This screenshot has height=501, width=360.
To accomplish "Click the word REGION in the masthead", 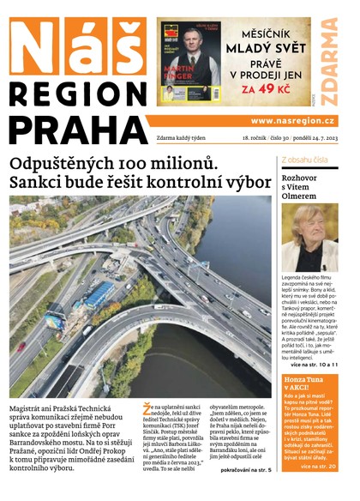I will [x=75, y=93].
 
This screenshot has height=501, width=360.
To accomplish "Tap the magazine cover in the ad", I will [x=190, y=62].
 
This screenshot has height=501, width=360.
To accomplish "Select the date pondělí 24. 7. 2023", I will [x=310, y=138].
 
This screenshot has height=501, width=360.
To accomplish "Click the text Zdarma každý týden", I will [x=184, y=138].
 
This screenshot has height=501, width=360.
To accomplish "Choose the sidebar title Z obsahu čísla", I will [x=303, y=160].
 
